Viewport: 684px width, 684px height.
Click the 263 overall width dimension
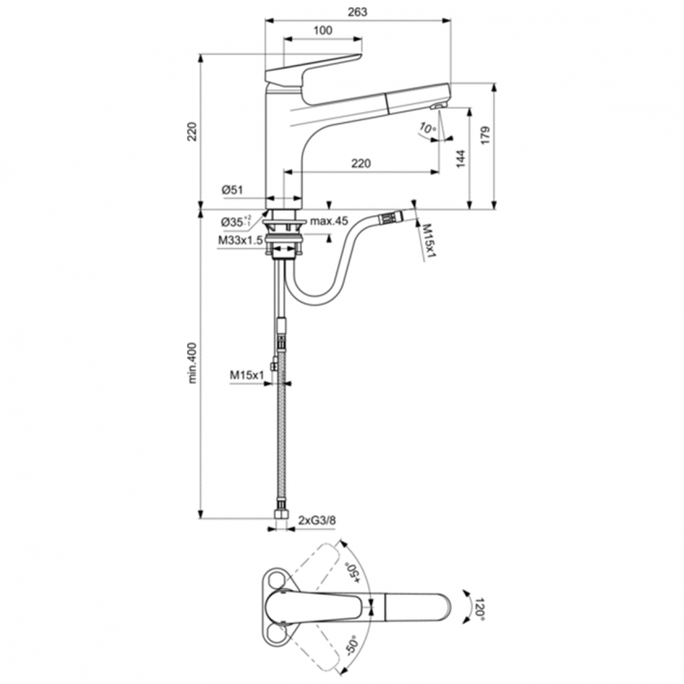[357, 11]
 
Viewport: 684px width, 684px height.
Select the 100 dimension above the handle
[322, 31]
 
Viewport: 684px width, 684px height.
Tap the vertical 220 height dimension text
[192, 131]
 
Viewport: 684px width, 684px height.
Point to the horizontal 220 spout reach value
[360, 163]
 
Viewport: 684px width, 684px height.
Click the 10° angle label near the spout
[429, 128]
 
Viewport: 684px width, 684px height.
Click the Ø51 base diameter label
[232, 190]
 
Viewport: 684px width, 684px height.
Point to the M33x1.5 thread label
[240, 240]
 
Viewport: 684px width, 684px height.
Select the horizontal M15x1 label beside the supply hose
[246, 374]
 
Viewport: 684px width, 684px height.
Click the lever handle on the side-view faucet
[310, 67]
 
